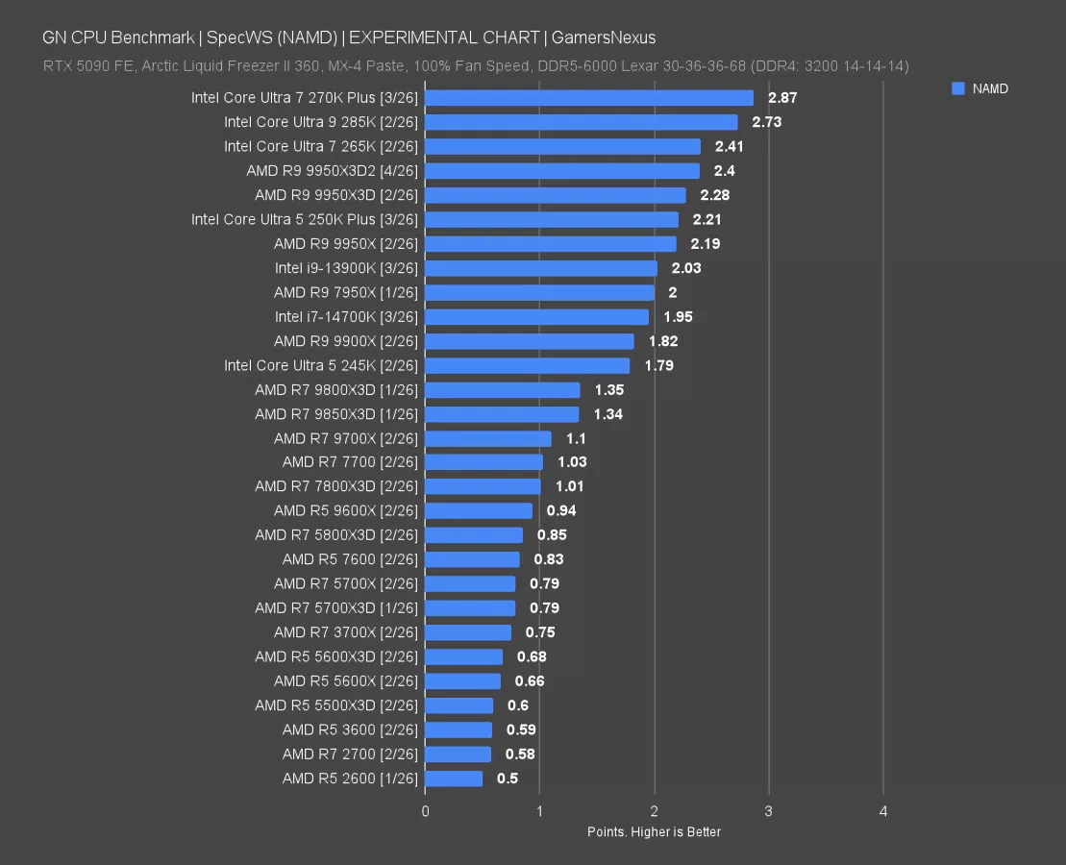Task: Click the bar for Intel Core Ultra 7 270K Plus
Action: pos(588,98)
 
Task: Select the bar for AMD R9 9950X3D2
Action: pos(561,171)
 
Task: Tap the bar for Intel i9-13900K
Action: pos(540,268)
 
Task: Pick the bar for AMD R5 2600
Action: pos(454,778)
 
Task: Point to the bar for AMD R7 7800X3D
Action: pos(483,486)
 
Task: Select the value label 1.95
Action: pos(678,316)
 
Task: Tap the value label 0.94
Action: pos(561,510)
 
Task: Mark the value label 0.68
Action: pos(532,656)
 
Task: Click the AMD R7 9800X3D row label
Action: pos(336,389)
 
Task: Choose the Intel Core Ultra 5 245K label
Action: pos(321,365)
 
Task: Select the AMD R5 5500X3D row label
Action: pos(336,705)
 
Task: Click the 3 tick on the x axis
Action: pos(768,812)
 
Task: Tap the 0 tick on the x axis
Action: pos(425,812)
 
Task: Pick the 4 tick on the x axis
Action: pos(883,812)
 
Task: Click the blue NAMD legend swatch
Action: pos(957,88)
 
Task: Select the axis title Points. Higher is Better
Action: pos(654,831)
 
